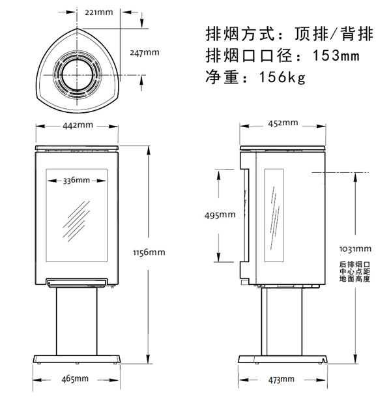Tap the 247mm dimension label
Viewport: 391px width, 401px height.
point(143,52)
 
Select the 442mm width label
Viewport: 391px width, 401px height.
point(77,125)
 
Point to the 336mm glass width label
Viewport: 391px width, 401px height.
point(76,181)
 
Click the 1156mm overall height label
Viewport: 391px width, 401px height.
point(149,252)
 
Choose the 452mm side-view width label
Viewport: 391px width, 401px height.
point(282,123)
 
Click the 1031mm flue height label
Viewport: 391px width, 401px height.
point(355,248)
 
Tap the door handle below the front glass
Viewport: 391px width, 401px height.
point(76,282)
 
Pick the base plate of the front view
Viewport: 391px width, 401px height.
point(77,359)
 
